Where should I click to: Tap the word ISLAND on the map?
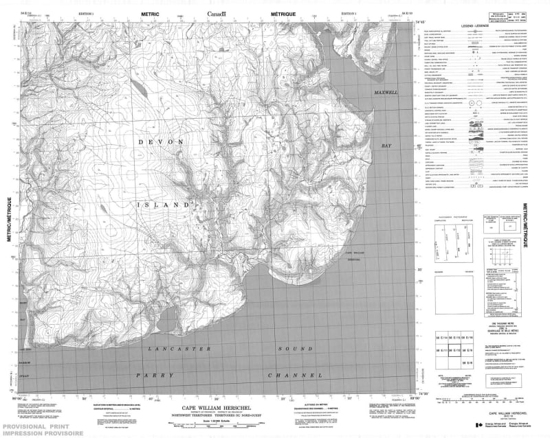[166, 205]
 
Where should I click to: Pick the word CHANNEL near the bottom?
[296, 376]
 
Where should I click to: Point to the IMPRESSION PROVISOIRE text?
[41, 433]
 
